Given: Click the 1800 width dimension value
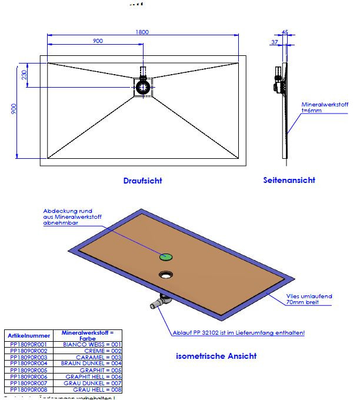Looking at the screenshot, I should pyautogui.click(x=142, y=32).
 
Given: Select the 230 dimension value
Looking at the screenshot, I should pyautogui.click(x=24, y=75).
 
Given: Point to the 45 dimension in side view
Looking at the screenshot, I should pyautogui.click(x=285, y=32).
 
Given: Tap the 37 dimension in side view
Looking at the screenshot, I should pyautogui.click(x=274, y=42).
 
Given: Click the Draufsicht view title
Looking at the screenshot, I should pyautogui.click(x=142, y=181).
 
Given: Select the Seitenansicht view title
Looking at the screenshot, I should pyautogui.click(x=289, y=180).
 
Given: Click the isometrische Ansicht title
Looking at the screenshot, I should pyautogui.click(x=216, y=356).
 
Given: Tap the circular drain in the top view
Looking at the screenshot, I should pyautogui.click(x=143, y=87).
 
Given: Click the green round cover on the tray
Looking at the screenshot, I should pyautogui.click(x=165, y=256).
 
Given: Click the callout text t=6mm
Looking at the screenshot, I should pyautogui.click(x=312, y=111).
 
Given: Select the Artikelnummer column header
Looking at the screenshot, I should pyautogui.click(x=28, y=335).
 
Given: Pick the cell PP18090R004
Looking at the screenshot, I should pyautogui.click(x=28, y=363).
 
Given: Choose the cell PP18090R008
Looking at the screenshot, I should pyautogui.click(x=28, y=389).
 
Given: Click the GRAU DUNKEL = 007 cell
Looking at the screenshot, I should pyautogui.click(x=94, y=383).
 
